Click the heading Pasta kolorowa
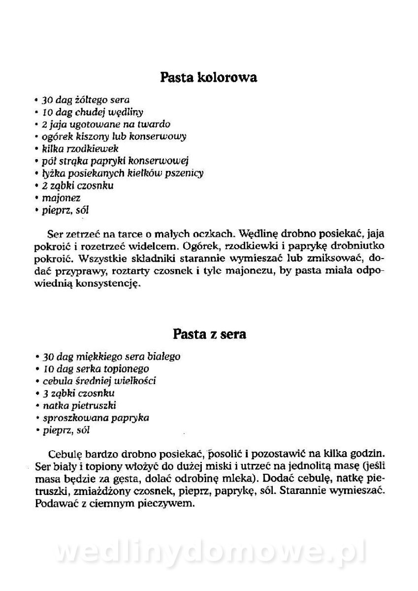tap(209, 77)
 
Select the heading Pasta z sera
tap(209, 334)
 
